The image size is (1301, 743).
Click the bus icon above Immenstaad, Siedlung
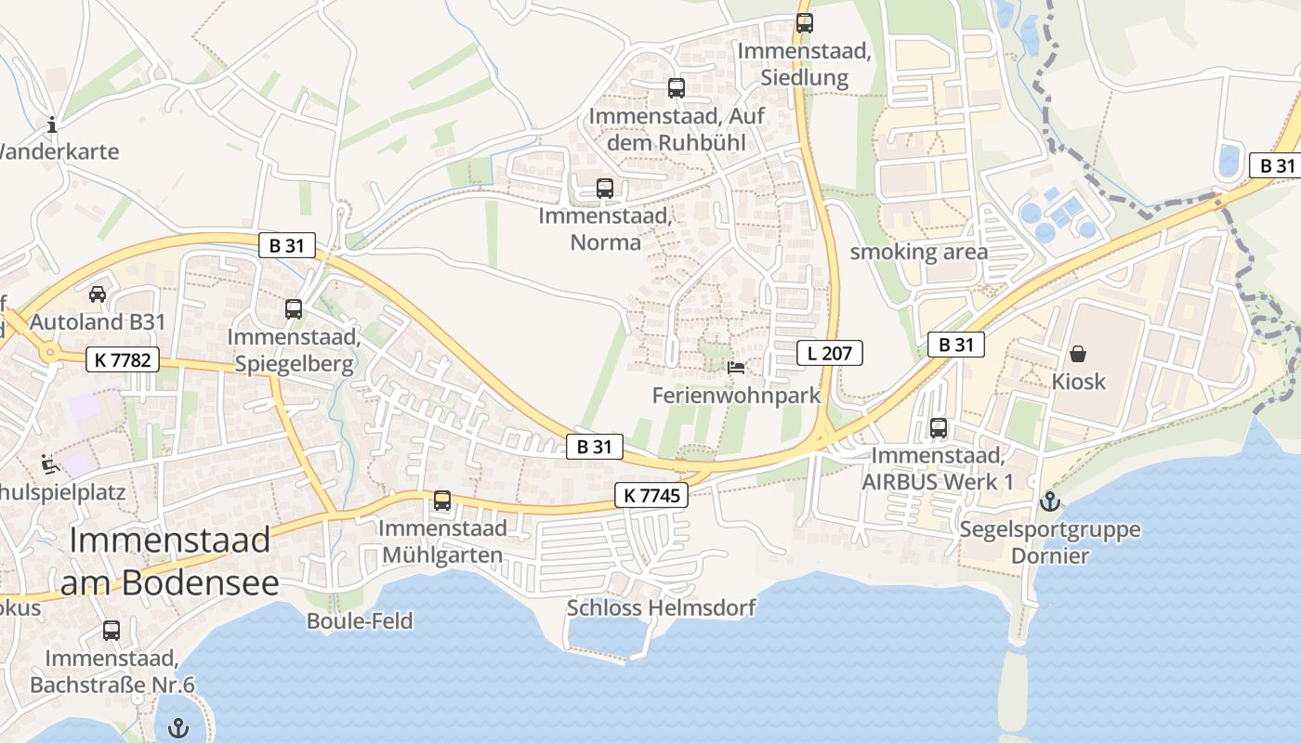tap(805, 23)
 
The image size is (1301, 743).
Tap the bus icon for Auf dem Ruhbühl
tap(677, 89)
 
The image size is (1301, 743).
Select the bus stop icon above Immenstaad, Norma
tap(605, 189)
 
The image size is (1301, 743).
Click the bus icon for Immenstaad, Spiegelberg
tap(294, 309)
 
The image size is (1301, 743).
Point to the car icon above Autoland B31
tap(97, 294)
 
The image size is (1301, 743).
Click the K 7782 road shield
tap(123, 359)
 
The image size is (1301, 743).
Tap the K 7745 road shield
tap(651, 496)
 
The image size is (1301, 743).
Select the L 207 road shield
tap(830, 353)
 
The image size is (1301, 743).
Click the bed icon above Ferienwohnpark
tap(736, 368)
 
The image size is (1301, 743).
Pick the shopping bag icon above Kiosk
tap(1078, 354)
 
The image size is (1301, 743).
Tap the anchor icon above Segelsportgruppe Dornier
tap(1049, 502)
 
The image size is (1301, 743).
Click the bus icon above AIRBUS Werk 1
tap(939, 428)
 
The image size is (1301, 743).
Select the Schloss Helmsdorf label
tap(661, 608)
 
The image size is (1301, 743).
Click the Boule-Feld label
tap(360, 621)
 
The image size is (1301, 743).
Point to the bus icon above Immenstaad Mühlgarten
tap(442, 501)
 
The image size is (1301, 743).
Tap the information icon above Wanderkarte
tap(52, 124)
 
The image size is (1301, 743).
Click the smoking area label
tap(919, 252)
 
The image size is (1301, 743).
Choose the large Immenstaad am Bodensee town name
tap(170, 561)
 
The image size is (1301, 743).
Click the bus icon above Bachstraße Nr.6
tap(112, 631)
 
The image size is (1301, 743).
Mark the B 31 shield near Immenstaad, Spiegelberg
tap(287, 246)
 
